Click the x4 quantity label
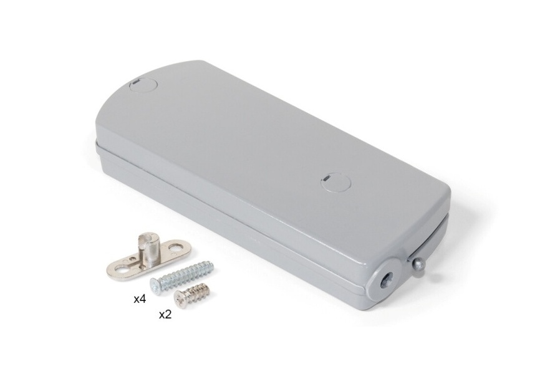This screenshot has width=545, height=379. point(140,299)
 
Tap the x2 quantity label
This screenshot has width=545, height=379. point(165,315)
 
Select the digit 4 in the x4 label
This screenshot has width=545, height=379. point(143,299)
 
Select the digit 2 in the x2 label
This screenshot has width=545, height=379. point(168,315)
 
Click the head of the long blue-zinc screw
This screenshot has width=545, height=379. point(156,286)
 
